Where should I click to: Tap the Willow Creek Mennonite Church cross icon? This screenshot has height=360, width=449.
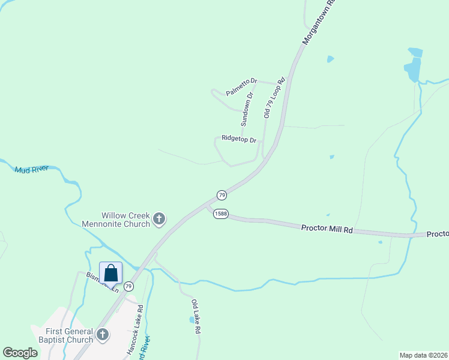(159, 220)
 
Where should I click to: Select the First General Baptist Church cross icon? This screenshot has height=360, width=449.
(103, 335)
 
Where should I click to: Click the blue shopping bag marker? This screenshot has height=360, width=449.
(111, 273)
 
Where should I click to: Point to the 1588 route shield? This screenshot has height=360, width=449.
(220, 215)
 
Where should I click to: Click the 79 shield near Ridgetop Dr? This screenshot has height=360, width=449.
(221, 196)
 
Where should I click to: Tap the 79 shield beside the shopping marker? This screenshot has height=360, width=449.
(128, 287)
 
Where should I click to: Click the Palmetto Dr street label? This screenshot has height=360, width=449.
(241, 86)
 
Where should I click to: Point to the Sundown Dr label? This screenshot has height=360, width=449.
(247, 109)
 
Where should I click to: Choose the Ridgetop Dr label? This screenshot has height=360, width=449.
(239, 138)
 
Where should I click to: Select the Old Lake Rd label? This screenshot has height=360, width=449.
(196, 316)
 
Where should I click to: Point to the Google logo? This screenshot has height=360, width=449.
(20, 352)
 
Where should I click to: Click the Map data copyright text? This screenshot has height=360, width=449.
(423, 355)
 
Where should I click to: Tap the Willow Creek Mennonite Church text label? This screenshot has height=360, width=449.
(125, 220)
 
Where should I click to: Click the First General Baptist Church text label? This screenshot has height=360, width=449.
(69, 335)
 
